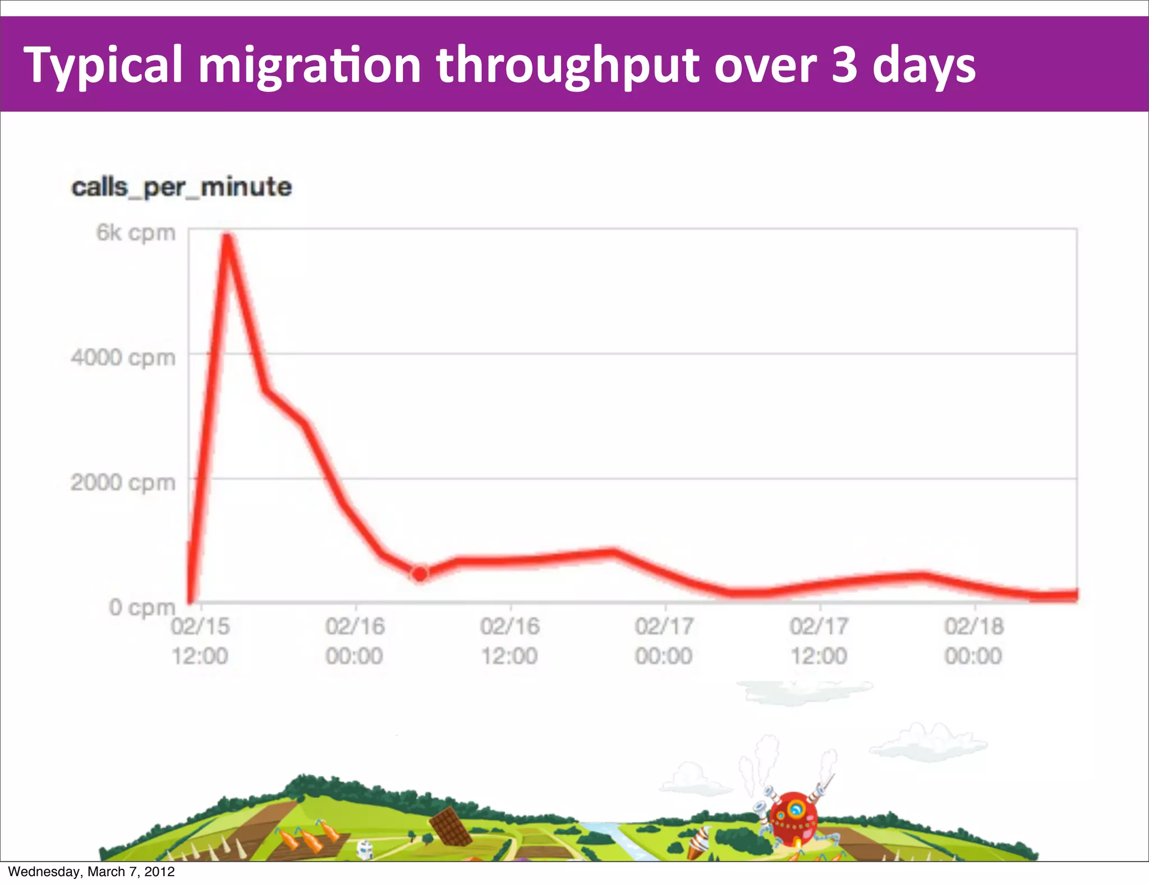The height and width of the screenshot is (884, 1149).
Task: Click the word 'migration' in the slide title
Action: pyautogui.click(x=310, y=66)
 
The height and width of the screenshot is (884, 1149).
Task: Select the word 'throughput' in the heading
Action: pyautogui.click(x=568, y=66)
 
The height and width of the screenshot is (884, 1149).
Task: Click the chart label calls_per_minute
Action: pyautogui.click(x=181, y=187)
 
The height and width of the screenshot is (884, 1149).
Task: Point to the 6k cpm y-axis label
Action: pyautogui.click(x=136, y=233)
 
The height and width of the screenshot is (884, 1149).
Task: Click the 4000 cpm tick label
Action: pyautogui.click(x=123, y=357)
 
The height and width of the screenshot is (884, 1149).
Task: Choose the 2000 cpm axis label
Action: pyautogui.click(x=123, y=482)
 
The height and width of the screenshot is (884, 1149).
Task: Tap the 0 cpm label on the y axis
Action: pyautogui.click(x=142, y=607)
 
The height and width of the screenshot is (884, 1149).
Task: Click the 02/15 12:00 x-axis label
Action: pyautogui.click(x=200, y=641)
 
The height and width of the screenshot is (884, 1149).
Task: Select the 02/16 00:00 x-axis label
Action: pyautogui.click(x=355, y=641)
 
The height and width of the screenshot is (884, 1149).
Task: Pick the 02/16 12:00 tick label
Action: pyautogui.click(x=509, y=641)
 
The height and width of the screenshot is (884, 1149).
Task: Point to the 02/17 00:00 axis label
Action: pyautogui.click(x=664, y=641)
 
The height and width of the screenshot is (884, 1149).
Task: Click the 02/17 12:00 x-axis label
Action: pyautogui.click(x=819, y=641)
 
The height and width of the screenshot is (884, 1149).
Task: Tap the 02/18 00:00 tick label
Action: pyautogui.click(x=973, y=641)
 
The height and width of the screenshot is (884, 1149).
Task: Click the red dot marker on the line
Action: pyautogui.click(x=420, y=574)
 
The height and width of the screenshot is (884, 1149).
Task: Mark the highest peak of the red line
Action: pyautogui.click(x=227, y=238)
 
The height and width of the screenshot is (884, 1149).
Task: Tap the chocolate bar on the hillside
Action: pyautogui.click(x=451, y=826)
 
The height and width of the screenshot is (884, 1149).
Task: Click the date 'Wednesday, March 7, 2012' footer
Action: pyautogui.click(x=91, y=872)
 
